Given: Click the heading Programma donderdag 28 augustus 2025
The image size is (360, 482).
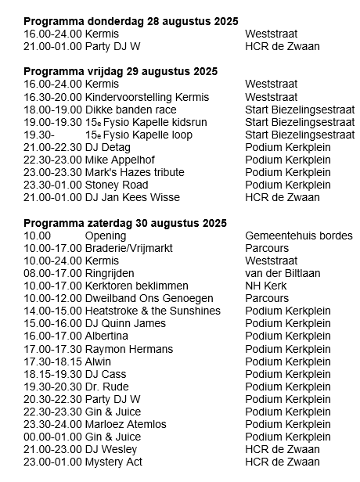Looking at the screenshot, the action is tap(131, 22).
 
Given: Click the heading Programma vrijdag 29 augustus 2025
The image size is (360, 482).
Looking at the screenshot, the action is tap(121, 72).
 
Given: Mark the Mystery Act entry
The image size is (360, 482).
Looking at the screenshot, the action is tap(113, 462).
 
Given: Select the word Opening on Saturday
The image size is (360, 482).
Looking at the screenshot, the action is tap(104, 236).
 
